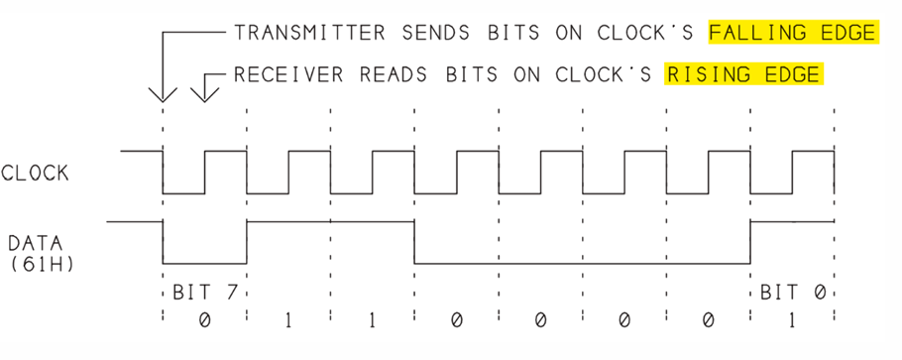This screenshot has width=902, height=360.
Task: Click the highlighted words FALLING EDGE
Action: pos(793,33)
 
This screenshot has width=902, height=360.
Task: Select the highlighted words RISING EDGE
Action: pos(743,74)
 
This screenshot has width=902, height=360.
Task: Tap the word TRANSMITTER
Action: pos(309,33)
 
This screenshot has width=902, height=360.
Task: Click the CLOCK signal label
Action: pos(35,173)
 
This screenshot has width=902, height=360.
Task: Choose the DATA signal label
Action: pos(36,243)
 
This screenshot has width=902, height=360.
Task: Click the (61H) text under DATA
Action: pos(42,265)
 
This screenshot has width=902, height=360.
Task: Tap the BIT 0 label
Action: pos(793,292)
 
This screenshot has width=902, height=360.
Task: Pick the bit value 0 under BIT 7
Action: pos(205,320)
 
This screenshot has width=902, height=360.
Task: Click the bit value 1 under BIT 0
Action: pos(792,320)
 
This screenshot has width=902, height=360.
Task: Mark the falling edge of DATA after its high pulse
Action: pos(414,243)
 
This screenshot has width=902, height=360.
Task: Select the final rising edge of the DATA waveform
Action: pos(750,243)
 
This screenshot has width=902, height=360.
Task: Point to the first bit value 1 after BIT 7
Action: pos(288,320)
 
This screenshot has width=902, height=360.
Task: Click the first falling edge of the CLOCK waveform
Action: pos(163,173)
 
